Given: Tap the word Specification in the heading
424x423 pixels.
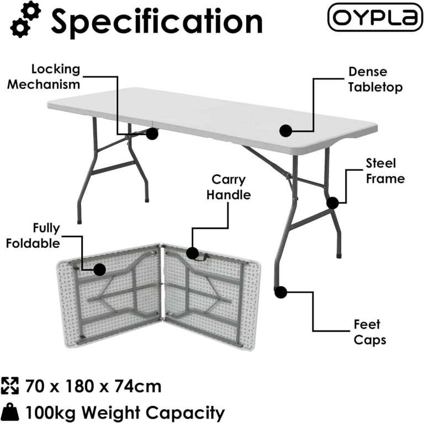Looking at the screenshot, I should (157, 21).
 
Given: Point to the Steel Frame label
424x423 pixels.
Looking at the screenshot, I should (385, 170).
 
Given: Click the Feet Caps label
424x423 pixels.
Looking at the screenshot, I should (367, 331).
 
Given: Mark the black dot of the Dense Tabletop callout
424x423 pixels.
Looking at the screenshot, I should (285, 131).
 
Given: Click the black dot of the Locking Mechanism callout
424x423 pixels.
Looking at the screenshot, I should (152, 133).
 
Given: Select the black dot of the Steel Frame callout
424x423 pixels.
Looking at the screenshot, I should (332, 203).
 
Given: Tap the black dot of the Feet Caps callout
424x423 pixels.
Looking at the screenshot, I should (281, 293).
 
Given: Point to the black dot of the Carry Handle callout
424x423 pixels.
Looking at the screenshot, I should (192, 253).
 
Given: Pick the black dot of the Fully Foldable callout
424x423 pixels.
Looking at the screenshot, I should (100, 270).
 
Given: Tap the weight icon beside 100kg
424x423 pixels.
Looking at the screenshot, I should (10, 412).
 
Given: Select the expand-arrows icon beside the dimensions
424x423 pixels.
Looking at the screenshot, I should (10, 385).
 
